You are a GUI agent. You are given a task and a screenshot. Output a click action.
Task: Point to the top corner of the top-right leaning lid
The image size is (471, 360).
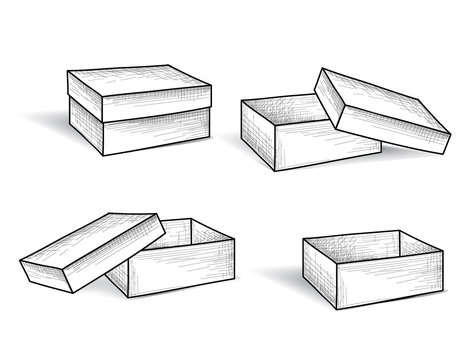321,69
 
